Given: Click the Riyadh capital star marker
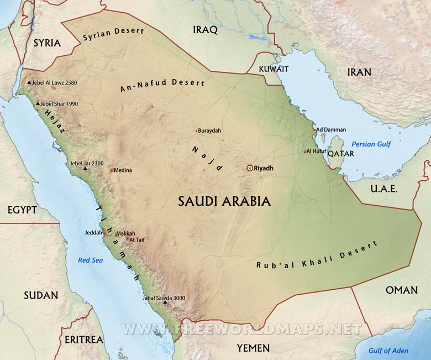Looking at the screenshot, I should pos(250,168).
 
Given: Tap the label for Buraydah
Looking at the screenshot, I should pos(209,131).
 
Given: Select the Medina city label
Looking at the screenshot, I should pos(123,170).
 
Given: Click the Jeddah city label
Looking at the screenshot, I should pos(93,233).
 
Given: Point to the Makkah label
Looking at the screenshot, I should pos(125,233).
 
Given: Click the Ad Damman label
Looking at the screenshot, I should pos(331,130).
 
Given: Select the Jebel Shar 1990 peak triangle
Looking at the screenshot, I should pos(38,104).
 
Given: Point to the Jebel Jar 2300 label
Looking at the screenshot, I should pos(86,163).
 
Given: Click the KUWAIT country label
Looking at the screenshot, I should pos(274,69).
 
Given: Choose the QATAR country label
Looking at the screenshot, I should pos(340,154).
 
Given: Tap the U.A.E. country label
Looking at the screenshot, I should pos(383,189).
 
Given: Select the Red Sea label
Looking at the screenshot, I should pos(91,260).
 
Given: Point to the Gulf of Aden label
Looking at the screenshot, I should pos(388,351).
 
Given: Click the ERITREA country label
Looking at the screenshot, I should pos(84,339).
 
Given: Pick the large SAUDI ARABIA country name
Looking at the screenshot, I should pos(224,201).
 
